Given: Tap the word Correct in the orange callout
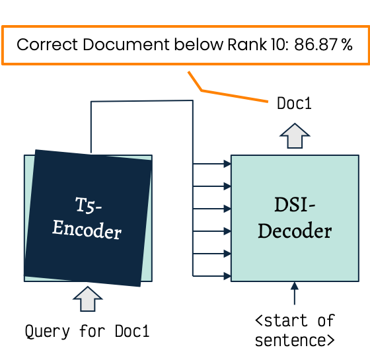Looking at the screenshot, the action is click(x=47, y=45).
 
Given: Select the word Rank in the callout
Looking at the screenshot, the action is click(x=247, y=45).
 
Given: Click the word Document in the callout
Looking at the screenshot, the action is click(x=126, y=45).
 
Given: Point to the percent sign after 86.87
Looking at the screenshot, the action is click(x=347, y=45).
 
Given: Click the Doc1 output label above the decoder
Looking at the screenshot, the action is click(x=294, y=103).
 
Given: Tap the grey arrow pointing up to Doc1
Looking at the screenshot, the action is click(x=295, y=135).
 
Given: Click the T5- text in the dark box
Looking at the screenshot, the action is click(x=89, y=205).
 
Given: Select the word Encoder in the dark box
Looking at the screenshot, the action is click(x=87, y=230).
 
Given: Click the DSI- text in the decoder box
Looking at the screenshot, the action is click(x=295, y=205).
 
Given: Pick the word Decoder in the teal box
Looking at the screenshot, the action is click(x=295, y=231).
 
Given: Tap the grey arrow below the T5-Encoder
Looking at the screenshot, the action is click(x=88, y=299).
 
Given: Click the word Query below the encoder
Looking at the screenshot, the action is click(x=48, y=332).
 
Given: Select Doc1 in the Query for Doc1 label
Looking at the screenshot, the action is click(x=132, y=331).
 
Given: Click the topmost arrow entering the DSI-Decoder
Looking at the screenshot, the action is click(x=212, y=164).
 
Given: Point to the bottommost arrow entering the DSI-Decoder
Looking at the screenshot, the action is click(x=212, y=276).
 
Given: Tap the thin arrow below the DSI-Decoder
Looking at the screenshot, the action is click(x=295, y=293).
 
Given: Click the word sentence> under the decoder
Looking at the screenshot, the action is click(x=295, y=340).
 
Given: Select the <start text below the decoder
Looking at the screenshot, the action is click(x=281, y=320).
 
